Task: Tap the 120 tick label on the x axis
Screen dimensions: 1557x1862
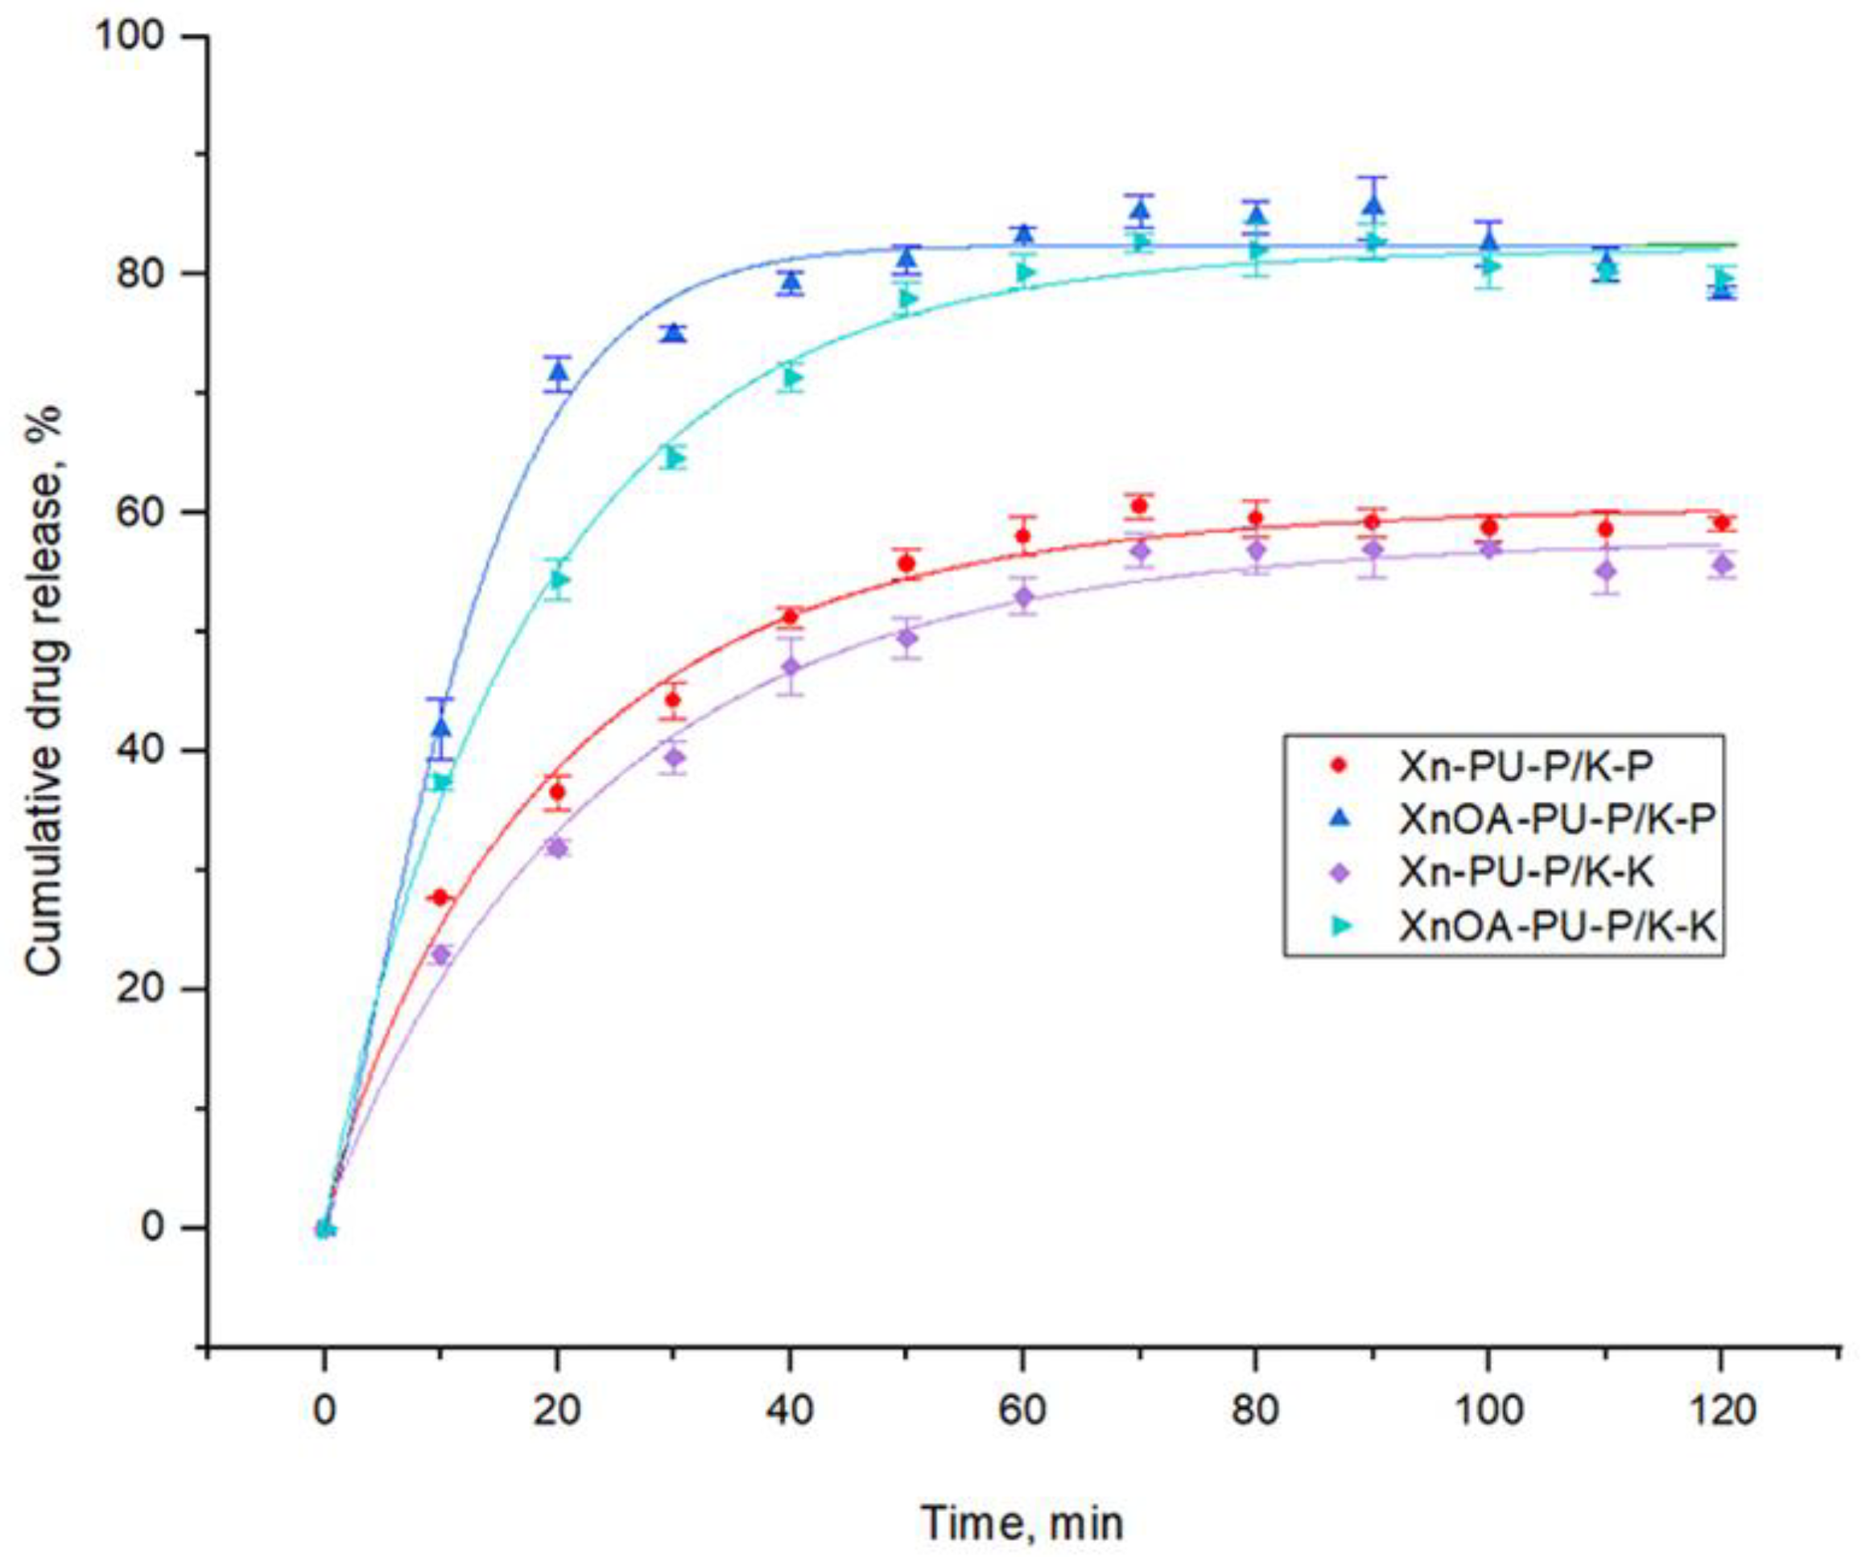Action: pos(1720,1410)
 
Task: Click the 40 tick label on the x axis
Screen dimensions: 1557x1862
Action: pos(790,1410)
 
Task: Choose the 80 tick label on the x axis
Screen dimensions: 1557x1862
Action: pos(1255,1410)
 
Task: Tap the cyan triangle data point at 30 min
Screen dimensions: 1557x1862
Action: pos(675,457)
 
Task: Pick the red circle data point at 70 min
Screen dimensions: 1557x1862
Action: pos(1139,506)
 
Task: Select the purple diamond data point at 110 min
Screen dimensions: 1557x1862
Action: pos(1605,571)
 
